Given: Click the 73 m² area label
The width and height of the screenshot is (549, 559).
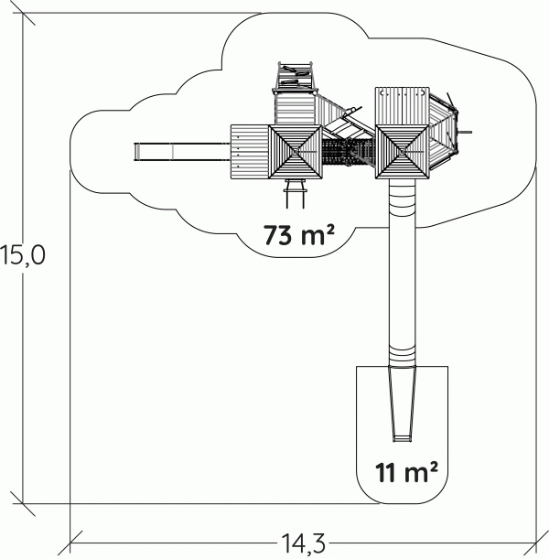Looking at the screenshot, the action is pyautogui.click(x=299, y=235).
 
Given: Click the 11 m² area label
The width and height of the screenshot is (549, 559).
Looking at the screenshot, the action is pyautogui.click(x=406, y=472).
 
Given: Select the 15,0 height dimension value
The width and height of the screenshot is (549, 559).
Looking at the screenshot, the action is pyautogui.click(x=23, y=255).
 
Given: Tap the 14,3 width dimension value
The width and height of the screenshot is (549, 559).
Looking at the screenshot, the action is pyautogui.click(x=304, y=543).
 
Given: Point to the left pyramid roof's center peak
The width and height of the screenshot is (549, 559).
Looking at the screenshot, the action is pyautogui.click(x=296, y=152).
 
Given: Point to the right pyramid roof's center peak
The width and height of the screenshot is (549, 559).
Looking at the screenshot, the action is pyautogui.click(x=402, y=152).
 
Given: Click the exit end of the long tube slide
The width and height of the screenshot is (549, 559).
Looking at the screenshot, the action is pyautogui.click(x=402, y=438).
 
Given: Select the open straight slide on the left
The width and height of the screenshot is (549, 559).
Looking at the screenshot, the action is pyautogui.click(x=182, y=152).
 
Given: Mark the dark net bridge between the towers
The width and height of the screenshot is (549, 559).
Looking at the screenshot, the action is pyautogui.click(x=349, y=152).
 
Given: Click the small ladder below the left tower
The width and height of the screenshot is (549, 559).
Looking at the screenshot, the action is pyautogui.click(x=296, y=194).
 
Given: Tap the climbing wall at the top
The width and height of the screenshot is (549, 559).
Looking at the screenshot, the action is pyautogui.click(x=296, y=76).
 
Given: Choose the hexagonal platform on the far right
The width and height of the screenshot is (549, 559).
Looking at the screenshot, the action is pyautogui.click(x=443, y=133).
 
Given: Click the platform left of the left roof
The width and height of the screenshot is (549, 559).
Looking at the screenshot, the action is pyautogui.click(x=250, y=152).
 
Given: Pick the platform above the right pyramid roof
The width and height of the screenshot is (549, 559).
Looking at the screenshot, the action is pyautogui.click(x=402, y=106).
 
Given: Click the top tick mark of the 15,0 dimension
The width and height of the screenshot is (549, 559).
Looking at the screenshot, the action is pyautogui.click(x=23, y=13).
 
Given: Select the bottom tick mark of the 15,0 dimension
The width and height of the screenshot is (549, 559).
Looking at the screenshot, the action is pyautogui.click(x=23, y=504).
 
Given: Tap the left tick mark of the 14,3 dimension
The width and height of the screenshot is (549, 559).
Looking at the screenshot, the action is pyautogui.click(x=70, y=543).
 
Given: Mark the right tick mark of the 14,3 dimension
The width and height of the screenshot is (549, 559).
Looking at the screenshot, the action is pyautogui.click(x=536, y=543).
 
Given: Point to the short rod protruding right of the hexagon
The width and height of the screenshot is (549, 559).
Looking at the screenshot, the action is pyautogui.click(x=465, y=133).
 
